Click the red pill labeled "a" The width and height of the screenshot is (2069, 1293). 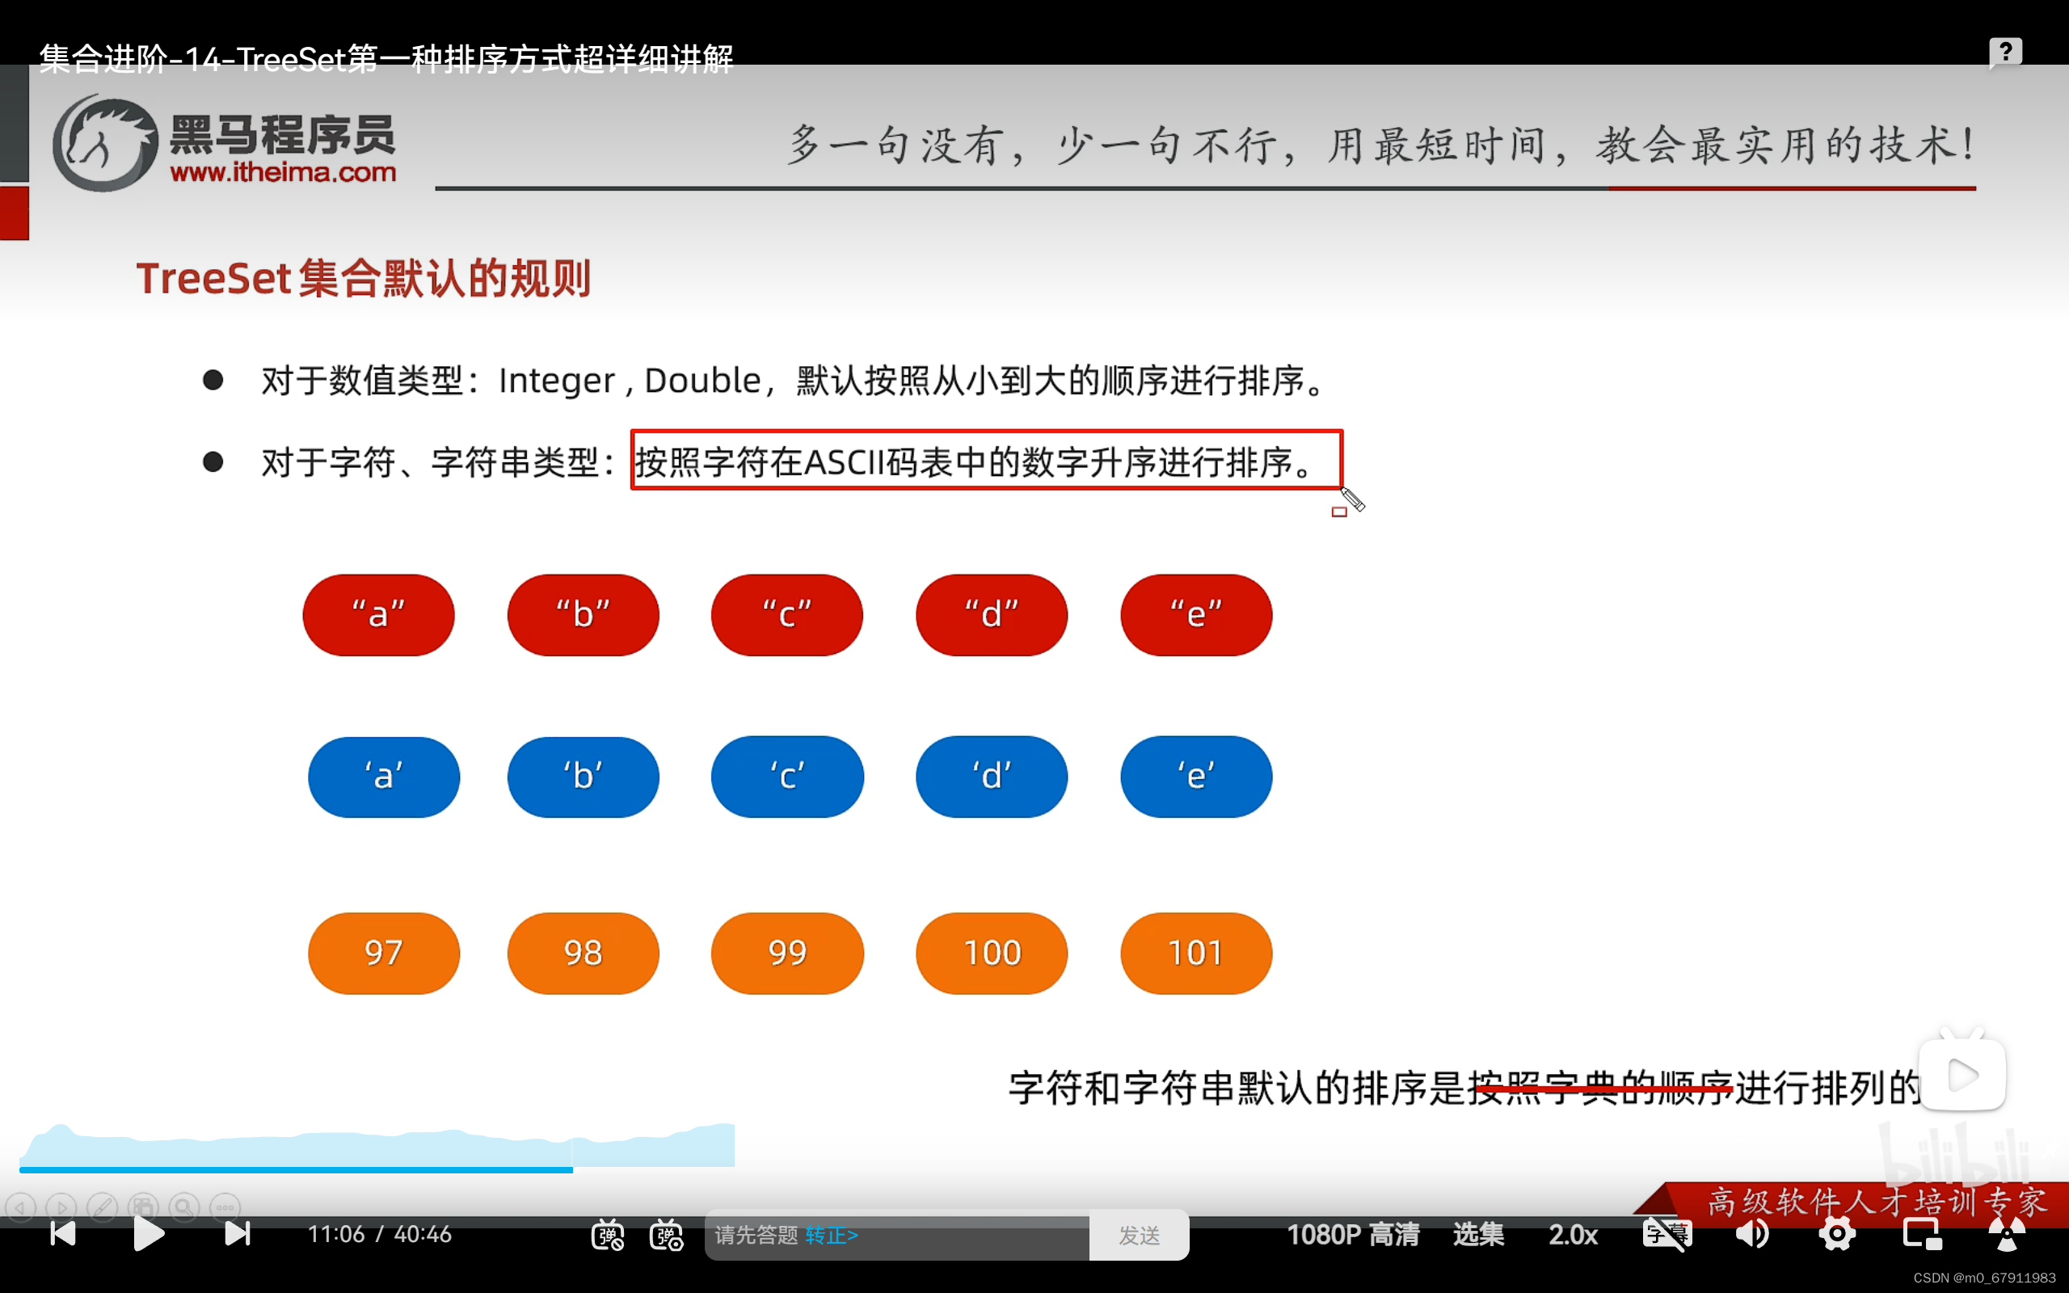point(378,615)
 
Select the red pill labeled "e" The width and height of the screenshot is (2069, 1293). point(1195,615)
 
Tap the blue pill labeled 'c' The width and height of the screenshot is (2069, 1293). point(786,777)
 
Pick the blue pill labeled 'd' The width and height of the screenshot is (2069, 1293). point(991,777)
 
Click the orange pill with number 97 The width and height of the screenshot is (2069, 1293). point(383,953)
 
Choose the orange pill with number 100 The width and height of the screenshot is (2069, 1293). point(991,953)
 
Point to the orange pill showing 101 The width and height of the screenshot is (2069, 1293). point(1195,953)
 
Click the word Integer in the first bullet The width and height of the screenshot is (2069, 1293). point(557,381)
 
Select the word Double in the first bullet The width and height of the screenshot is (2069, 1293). point(702,381)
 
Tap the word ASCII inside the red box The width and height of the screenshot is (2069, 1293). point(843,462)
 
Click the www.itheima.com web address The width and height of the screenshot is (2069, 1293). point(283,173)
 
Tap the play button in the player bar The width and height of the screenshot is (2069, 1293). point(149,1234)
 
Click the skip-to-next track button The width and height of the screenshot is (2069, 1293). point(237,1234)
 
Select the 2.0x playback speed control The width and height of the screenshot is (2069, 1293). point(1573,1235)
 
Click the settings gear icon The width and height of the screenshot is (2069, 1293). point(1836,1234)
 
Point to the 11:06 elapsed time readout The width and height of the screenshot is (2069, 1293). point(336,1234)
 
